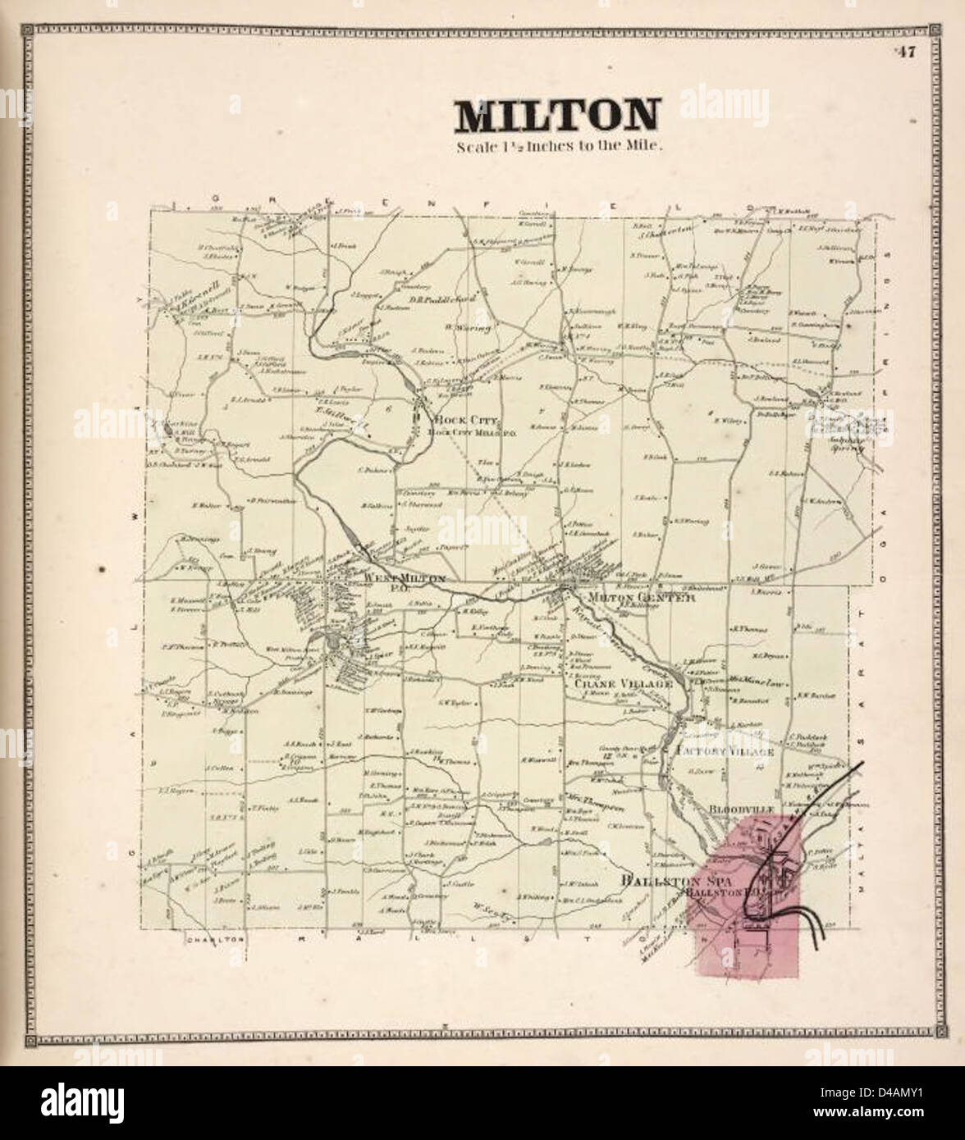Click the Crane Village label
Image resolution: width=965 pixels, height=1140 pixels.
[623, 682]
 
